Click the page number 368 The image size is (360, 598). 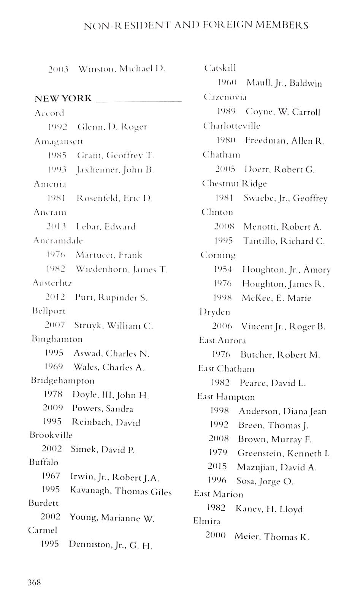tap(34, 582)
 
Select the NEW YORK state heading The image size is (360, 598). tap(63, 98)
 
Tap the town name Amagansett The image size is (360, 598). tap(59, 141)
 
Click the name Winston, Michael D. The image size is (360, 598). tap(122, 69)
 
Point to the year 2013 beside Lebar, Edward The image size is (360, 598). tap(56, 226)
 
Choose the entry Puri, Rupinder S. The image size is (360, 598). tap(111, 297)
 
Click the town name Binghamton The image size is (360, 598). tap(57, 339)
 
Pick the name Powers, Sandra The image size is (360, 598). tap(103, 409)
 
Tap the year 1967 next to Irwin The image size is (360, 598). tap(51, 476)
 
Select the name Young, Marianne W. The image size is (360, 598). tap(112, 518)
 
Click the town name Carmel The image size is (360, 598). tap(42, 530)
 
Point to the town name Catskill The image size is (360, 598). tap(220, 68)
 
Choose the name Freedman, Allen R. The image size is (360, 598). tap(285, 141)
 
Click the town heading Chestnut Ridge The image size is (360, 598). tap(234, 184)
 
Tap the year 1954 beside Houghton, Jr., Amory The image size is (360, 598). tap(223, 269)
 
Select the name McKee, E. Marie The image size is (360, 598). tap(276, 298)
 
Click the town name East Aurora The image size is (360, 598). tap(222, 340)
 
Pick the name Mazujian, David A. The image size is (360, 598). tap(277, 467)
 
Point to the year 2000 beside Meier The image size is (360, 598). tap(216, 535)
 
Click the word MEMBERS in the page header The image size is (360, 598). tap(282, 25)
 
